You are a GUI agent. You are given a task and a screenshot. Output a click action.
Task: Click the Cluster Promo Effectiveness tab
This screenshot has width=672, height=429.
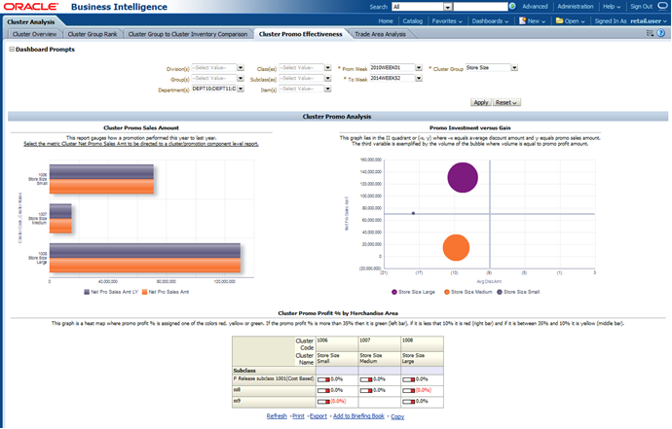301,34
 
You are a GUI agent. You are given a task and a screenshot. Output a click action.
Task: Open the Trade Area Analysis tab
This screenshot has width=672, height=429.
380,34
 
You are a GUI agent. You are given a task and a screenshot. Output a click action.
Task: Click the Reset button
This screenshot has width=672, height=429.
506,102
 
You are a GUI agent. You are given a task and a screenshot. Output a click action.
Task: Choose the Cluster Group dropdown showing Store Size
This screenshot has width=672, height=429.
491,68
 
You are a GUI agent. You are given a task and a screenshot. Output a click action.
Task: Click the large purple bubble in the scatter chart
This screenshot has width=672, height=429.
463,177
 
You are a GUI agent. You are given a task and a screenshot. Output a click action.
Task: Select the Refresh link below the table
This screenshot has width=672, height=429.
277,415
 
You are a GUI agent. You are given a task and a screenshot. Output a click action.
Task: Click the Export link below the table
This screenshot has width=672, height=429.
318,415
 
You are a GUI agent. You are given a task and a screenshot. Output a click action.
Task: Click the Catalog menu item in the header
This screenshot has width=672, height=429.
413,19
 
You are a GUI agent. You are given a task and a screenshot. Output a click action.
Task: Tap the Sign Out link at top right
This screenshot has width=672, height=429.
641,6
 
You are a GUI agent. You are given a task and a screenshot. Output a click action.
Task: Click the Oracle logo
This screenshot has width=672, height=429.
30,7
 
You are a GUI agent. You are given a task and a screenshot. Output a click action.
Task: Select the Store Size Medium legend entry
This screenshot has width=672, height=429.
468,291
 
